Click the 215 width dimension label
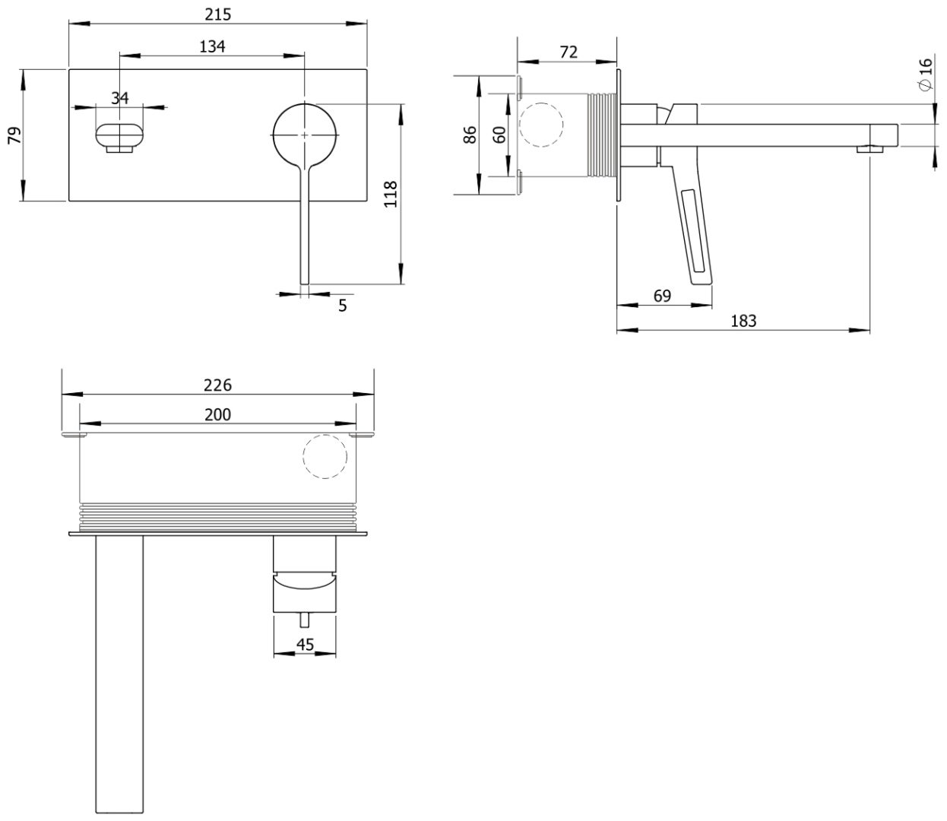point(217,14)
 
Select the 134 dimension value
point(212,46)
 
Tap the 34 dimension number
point(120,97)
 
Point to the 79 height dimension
point(15,135)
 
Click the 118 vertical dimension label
point(391,195)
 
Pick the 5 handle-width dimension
point(343,305)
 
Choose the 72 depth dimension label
point(569,52)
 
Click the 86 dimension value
point(470,135)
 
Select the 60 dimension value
point(500,135)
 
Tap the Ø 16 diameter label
point(926,74)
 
